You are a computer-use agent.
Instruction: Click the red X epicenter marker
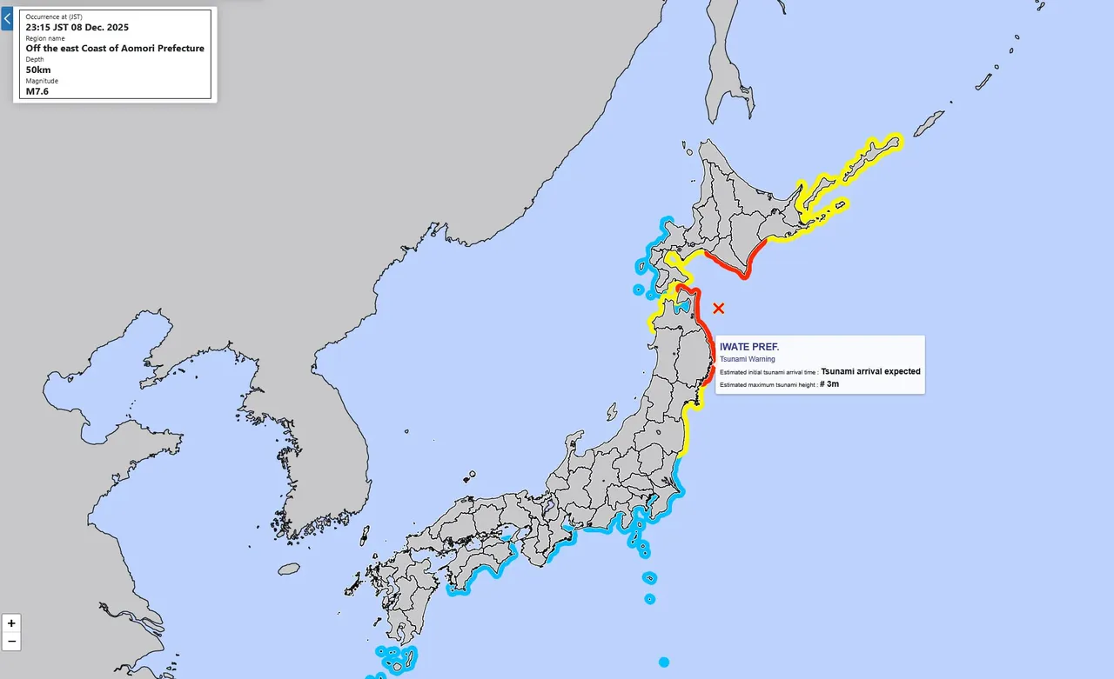click(719, 308)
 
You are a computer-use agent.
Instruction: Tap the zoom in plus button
click(11, 623)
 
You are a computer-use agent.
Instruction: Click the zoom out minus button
click(11, 642)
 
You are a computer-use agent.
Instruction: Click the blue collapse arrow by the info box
click(7, 18)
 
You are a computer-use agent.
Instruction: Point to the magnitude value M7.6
click(37, 90)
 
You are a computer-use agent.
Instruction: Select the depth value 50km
click(38, 70)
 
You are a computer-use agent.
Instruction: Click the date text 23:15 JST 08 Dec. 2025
click(77, 27)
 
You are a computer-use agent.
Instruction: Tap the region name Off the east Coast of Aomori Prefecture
click(115, 48)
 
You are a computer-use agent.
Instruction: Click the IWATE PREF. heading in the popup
click(749, 347)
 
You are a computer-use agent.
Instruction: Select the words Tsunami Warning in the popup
click(747, 359)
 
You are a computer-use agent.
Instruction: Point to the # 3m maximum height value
click(829, 383)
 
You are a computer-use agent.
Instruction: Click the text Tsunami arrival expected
click(870, 371)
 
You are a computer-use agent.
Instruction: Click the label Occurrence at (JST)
click(54, 17)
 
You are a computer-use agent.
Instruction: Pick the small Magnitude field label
click(42, 81)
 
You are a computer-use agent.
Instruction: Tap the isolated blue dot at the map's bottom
click(664, 662)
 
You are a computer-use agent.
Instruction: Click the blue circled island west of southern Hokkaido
click(638, 290)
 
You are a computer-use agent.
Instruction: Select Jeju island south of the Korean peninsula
click(290, 569)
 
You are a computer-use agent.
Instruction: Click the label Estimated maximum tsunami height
click(768, 384)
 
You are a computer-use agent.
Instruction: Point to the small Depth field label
click(34, 59)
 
